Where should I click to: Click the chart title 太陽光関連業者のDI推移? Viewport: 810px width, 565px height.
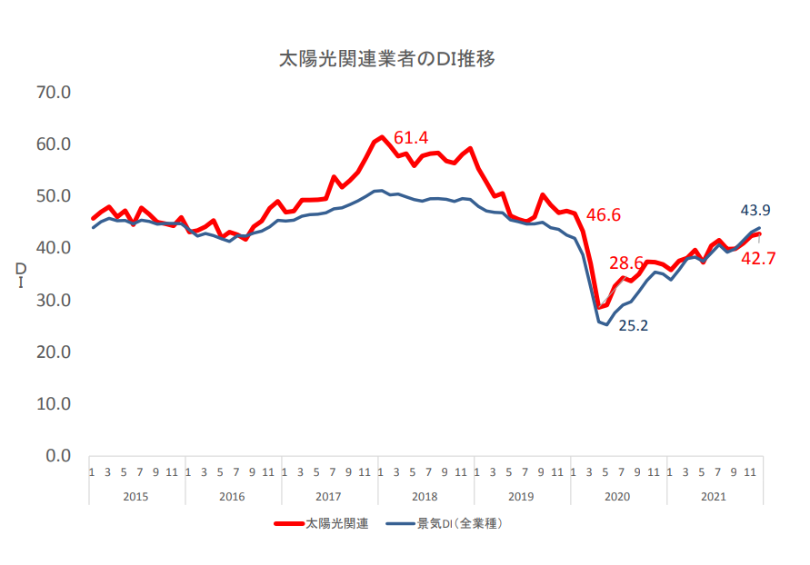[386, 60]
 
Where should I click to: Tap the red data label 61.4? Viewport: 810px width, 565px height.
[410, 138]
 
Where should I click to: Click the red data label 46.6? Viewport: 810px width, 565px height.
[603, 215]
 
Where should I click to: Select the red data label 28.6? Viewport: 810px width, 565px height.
[626, 263]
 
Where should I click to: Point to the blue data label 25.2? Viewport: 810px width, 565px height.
[633, 325]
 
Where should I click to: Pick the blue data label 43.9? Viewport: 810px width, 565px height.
[752, 211]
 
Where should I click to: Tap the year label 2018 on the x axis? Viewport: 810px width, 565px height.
[425, 496]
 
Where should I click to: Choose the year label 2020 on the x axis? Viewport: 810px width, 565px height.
[617, 496]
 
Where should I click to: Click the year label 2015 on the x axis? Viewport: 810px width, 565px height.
[135, 496]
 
